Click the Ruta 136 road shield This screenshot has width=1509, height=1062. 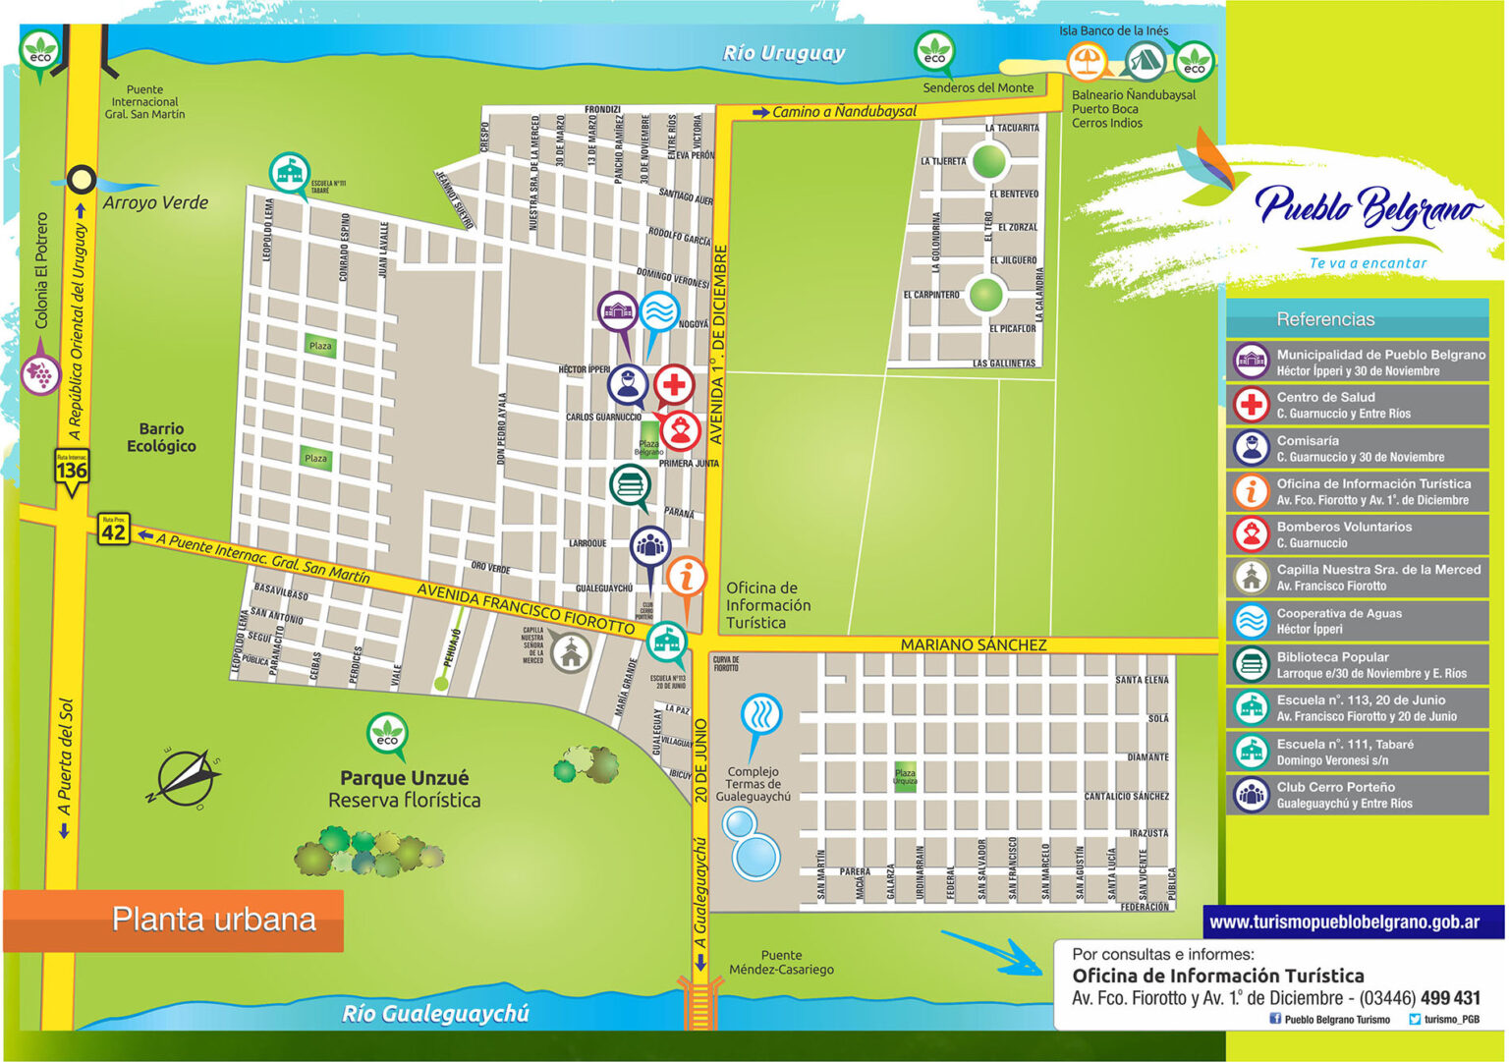point(72,470)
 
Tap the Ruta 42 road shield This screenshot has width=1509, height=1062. point(113,531)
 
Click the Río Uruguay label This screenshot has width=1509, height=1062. point(783,53)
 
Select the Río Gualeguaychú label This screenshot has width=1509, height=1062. point(435,1013)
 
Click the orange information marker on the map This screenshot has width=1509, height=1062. point(687,577)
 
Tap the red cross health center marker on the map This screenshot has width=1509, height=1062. point(674,384)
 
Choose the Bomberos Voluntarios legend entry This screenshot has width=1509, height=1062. point(1357,534)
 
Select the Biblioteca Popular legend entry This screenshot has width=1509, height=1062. point(1357,665)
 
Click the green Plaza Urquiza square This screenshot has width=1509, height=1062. point(905,777)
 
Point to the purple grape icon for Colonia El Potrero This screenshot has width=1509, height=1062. point(40,373)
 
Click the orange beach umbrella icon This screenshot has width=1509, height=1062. point(1086,62)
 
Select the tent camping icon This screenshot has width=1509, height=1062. point(1144,62)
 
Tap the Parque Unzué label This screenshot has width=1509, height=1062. point(404,777)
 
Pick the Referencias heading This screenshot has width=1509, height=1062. point(1325,319)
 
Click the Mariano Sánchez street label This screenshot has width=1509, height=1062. point(973,644)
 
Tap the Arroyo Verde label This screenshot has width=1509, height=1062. point(155,202)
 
